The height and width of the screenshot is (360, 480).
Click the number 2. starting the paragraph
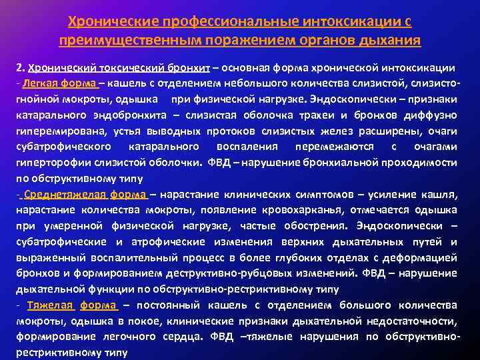point(21,69)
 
